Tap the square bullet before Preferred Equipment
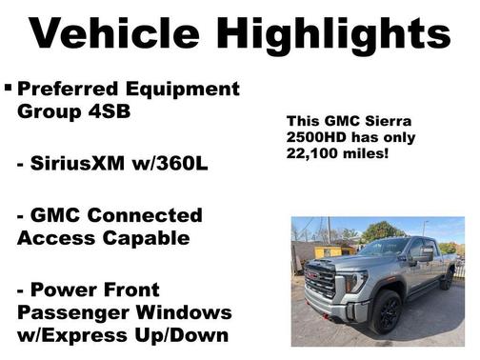(x=9, y=89)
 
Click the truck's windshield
(x=382, y=248)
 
